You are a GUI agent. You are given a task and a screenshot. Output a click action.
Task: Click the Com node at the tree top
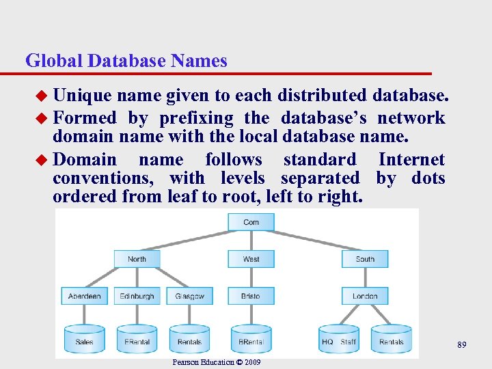pos(251,222)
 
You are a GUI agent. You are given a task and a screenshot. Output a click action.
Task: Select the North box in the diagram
pos(137,259)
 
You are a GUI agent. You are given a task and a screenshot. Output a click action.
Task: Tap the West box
pos(251,259)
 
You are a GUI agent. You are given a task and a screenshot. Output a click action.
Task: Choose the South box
pos(365,259)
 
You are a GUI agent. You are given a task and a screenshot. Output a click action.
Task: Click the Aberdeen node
pos(85,296)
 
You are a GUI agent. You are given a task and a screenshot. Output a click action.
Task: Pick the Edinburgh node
pos(137,296)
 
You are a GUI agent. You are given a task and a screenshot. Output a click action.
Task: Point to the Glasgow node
pos(189,296)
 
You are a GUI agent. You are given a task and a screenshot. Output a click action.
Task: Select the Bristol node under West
pos(251,296)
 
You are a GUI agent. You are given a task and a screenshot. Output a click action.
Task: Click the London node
pos(365,296)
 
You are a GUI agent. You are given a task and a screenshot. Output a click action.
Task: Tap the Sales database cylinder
pos(85,340)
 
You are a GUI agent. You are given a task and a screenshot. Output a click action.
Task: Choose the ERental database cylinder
pos(137,340)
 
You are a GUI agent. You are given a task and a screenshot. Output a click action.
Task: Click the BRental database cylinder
pos(251,340)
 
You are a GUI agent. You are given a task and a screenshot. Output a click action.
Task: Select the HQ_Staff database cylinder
pos(339,340)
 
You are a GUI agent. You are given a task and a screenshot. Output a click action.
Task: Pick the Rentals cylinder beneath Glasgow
pos(189,340)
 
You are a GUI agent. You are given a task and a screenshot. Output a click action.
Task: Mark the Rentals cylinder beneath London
pos(392,340)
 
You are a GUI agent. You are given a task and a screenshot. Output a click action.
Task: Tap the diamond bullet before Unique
pos(42,96)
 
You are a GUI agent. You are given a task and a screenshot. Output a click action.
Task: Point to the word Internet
pos(411,160)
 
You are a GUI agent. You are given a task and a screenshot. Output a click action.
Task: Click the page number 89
pos(462,346)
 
